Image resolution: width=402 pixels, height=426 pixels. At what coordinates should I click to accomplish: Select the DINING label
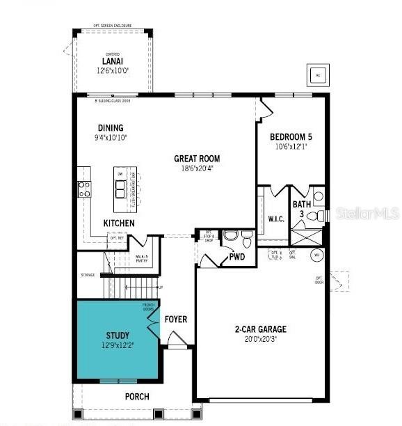tap(111, 127)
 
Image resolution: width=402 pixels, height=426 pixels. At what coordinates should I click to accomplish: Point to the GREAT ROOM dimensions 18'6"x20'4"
tap(196, 168)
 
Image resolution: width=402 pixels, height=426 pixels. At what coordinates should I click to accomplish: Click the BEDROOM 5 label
tap(291, 136)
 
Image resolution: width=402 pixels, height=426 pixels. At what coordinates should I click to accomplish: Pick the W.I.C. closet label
tap(275, 219)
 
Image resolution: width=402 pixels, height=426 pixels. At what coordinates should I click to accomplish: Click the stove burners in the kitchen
tap(84, 188)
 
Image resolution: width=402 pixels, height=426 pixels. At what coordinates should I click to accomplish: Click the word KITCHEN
tap(119, 223)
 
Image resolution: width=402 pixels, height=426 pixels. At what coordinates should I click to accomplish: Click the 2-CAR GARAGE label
tap(260, 329)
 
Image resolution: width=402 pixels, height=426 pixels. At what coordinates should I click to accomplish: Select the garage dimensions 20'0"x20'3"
tap(260, 340)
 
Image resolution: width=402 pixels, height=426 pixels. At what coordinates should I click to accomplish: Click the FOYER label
tap(176, 319)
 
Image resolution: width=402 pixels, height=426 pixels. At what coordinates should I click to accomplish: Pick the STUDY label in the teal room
tap(118, 335)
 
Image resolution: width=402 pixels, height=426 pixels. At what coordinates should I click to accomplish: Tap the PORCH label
tap(136, 397)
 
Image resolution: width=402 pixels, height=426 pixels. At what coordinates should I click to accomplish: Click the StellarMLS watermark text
tap(367, 212)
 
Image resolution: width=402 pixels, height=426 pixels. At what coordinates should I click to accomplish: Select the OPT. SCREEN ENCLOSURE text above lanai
tap(113, 26)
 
